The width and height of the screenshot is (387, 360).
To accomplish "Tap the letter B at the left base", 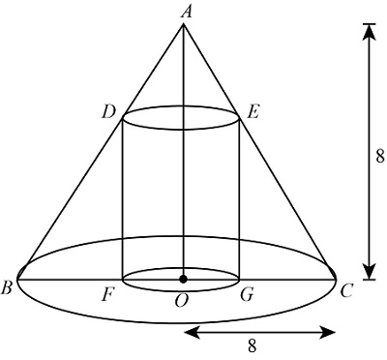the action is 9,286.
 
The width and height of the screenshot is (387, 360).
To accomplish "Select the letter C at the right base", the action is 345,287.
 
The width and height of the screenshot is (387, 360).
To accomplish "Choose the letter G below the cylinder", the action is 247,293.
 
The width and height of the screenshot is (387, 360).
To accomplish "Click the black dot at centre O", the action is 184,279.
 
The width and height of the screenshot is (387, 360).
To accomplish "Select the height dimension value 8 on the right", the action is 380,152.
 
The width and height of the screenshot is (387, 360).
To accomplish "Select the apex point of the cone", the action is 184,25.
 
